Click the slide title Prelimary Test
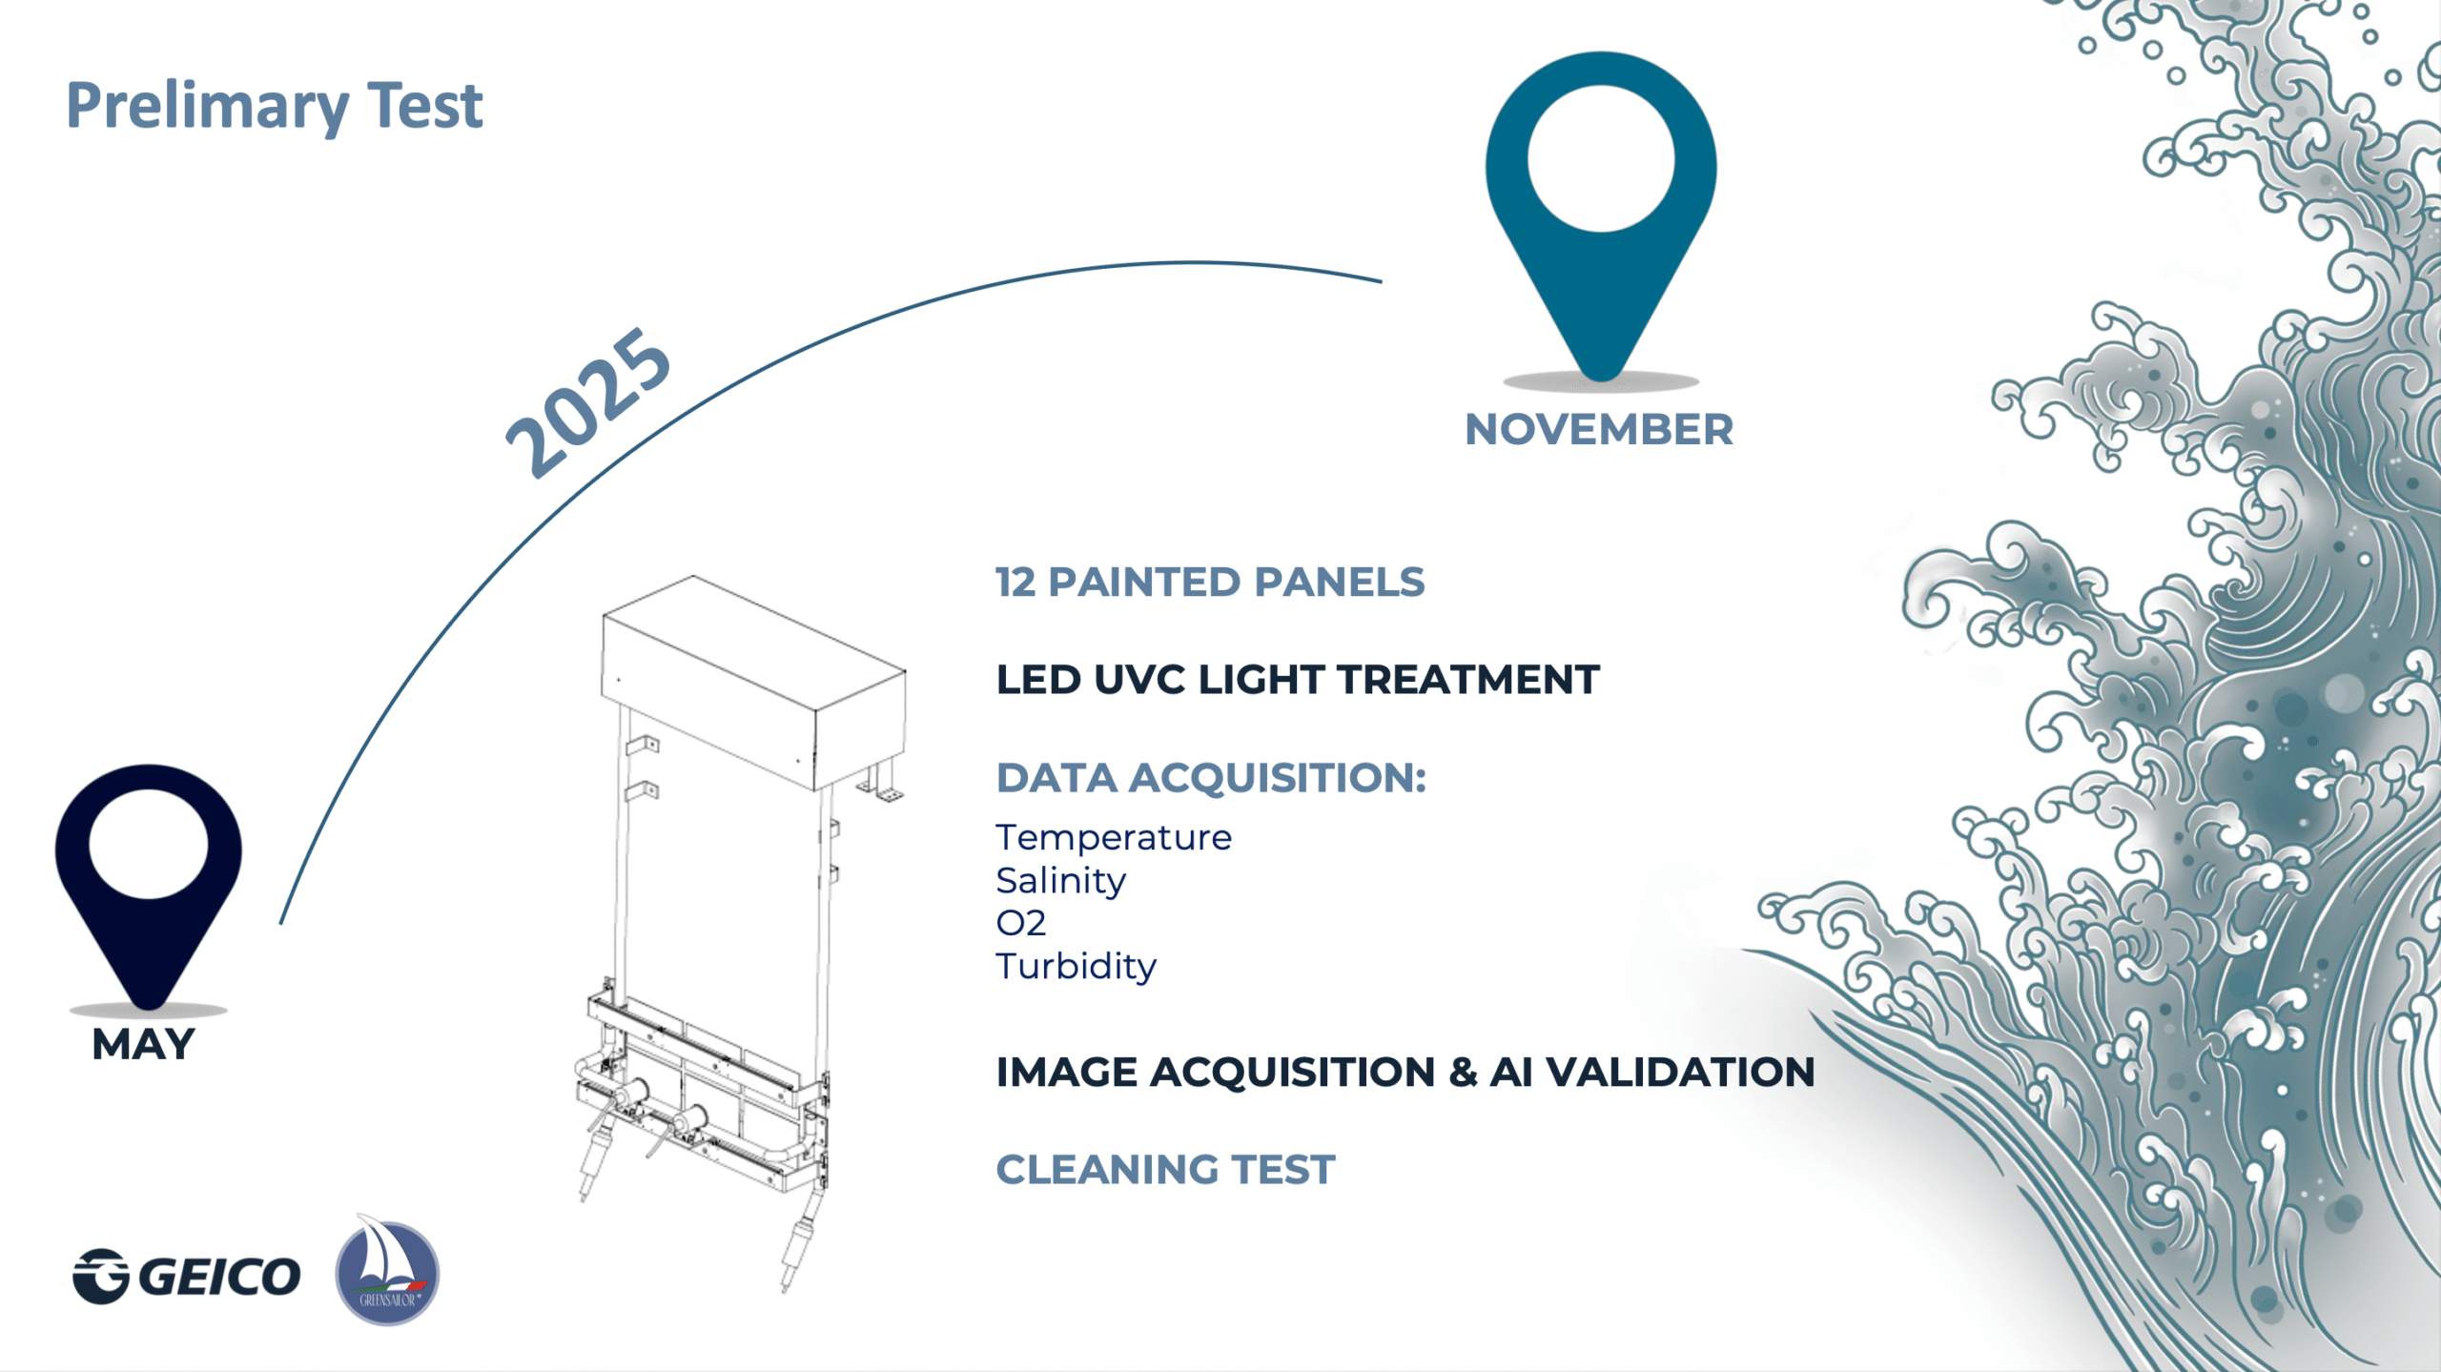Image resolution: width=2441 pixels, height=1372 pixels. [274, 107]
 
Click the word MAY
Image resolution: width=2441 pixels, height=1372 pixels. [143, 1044]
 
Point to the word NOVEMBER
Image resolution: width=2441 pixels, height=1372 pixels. [1599, 429]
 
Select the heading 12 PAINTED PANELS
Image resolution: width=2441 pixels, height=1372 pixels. [1210, 582]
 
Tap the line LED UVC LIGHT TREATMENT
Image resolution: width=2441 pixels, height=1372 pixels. [1298, 680]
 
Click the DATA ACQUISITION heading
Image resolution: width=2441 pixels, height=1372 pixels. [1211, 778]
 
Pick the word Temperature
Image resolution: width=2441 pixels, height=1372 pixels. [1114, 837]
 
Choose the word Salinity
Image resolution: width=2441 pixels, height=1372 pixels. [1060, 881]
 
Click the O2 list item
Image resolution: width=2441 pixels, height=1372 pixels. [1020, 923]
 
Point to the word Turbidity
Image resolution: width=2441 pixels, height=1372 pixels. [1076, 966]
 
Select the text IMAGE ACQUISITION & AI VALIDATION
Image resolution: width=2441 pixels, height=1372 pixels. [1405, 1072]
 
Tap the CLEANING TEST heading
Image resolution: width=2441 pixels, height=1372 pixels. [1165, 1170]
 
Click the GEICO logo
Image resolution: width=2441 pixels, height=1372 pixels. [187, 1276]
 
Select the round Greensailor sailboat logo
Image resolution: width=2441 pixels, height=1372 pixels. [387, 1271]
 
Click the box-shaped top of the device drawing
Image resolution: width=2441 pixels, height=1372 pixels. [753, 682]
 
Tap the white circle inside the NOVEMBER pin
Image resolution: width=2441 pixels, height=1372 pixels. [1601, 158]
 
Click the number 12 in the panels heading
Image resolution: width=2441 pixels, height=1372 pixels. [1015, 582]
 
